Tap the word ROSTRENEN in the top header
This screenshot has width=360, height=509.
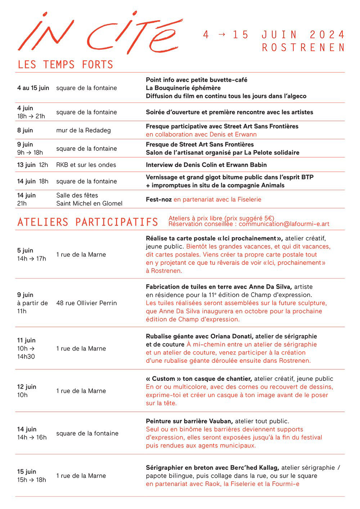303,48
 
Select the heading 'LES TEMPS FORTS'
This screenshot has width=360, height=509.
66,65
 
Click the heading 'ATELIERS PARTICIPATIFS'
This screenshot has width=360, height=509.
88,222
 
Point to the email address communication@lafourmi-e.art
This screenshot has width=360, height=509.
284,224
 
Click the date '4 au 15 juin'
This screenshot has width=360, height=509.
33,88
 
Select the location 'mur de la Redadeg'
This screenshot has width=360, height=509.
84,130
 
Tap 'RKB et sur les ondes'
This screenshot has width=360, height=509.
86,165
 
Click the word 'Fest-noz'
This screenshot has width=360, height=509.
159,199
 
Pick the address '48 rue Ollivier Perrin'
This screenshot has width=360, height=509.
86,303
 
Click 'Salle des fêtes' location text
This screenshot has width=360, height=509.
77,195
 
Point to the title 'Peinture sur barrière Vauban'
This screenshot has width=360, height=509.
189,421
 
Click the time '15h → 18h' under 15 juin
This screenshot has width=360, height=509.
32,480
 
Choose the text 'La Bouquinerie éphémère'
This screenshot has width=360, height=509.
183,88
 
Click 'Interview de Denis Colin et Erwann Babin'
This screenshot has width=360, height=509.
206,165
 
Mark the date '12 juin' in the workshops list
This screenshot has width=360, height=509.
27,387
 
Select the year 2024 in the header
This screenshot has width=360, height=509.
327,35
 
